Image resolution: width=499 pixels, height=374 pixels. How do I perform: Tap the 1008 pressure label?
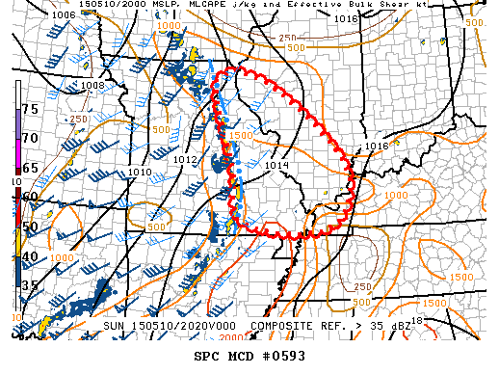tap(92, 86)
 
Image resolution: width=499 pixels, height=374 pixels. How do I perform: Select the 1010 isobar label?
tap(140, 172)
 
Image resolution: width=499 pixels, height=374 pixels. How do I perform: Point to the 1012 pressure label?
tap(186, 159)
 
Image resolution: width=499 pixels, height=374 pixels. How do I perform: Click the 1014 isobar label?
tap(277, 165)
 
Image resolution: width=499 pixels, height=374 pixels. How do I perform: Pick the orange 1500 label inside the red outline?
tap(241, 136)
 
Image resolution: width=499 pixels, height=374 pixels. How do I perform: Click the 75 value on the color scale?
tap(30, 109)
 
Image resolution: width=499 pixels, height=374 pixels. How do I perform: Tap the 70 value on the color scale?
tap(30, 138)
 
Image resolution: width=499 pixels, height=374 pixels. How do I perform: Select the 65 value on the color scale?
tap(30, 168)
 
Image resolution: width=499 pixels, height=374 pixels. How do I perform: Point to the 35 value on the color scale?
tap(30, 284)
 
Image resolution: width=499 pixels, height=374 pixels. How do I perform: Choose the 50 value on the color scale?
tap(30, 227)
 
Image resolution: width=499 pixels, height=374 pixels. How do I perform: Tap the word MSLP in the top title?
tap(144, 5)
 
